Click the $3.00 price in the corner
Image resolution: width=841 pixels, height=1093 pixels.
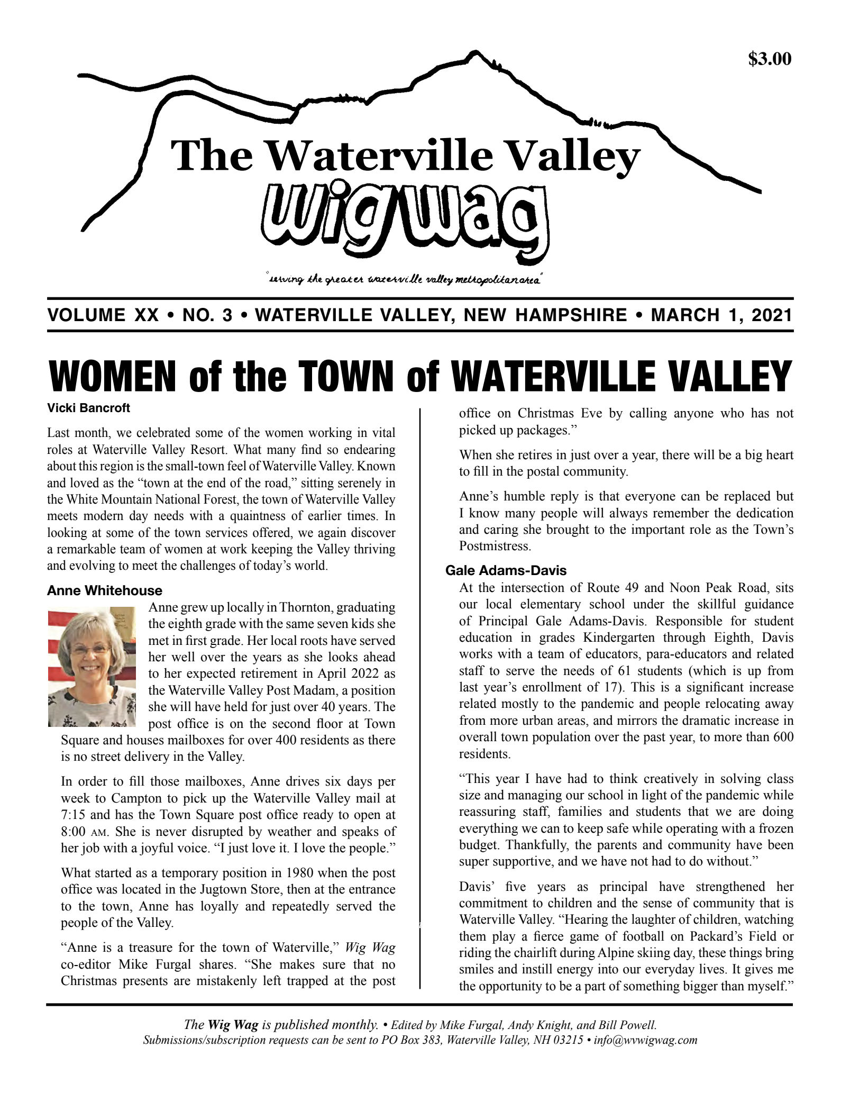point(770,59)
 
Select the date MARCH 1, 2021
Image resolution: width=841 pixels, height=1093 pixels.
point(721,315)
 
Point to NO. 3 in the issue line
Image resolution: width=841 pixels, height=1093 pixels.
point(207,315)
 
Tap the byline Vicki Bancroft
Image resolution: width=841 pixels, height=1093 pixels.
point(88,408)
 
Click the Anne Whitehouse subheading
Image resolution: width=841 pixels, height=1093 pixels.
point(105,590)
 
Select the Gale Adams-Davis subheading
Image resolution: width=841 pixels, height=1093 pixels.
point(506,570)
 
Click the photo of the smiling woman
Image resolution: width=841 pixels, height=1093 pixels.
point(92,668)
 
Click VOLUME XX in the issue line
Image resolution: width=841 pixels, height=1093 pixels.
point(103,315)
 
